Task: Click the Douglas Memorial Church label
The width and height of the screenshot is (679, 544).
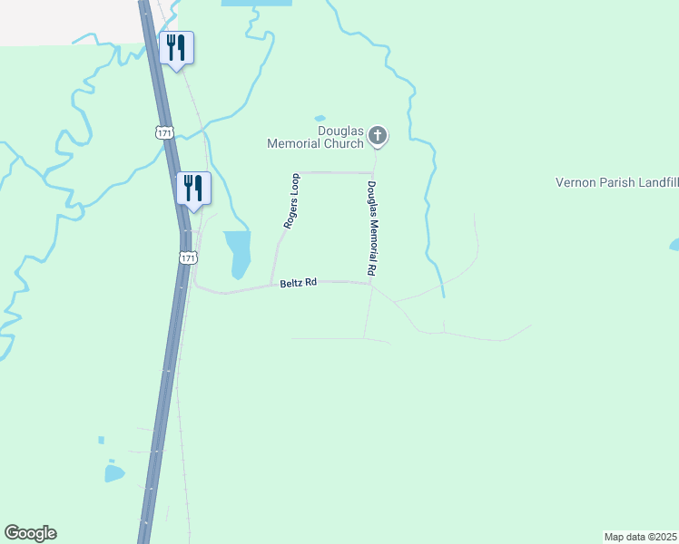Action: [x=315, y=137]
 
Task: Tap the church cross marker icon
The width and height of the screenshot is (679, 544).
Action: [x=378, y=137]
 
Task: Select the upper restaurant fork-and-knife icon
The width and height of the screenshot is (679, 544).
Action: [x=176, y=48]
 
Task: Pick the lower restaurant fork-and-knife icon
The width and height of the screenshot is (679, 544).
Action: [x=192, y=189]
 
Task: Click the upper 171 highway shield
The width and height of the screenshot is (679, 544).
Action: [x=164, y=132]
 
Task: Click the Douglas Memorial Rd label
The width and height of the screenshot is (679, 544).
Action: [x=371, y=228]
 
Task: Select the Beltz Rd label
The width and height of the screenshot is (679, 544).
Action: [x=298, y=283]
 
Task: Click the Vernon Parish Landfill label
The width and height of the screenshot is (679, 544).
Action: [x=616, y=182]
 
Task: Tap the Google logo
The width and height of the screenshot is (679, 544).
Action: [x=30, y=533]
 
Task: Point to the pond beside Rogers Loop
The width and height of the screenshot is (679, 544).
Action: [x=238, y=252]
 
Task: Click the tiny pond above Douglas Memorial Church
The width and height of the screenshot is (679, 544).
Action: [x=320, y=118]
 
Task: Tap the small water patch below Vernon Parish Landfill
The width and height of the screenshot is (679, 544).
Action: [x=674, y=245]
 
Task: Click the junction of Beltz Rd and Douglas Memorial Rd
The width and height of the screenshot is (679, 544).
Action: [x=370, y=284]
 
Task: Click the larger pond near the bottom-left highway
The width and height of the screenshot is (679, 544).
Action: [x=113, y=473]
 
